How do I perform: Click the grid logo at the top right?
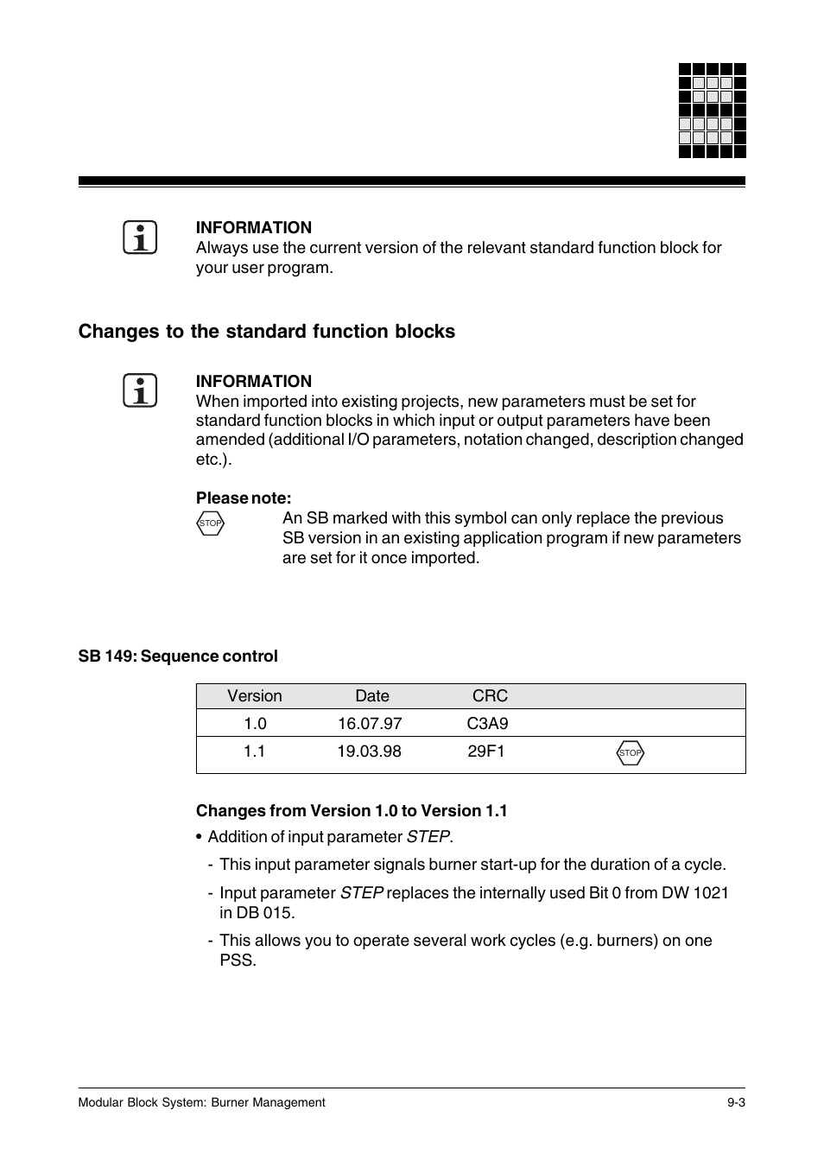click(x=712, y=111)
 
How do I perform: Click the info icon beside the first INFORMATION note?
click(x=140, y=238)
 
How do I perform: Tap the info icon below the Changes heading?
click(x=140, y=391)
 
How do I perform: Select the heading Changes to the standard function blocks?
click(x=266, y=332)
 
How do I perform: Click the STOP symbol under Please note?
click(x=210, y=523)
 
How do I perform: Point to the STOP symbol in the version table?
click(x=631, y=753)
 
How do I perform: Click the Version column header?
click(x=255, y=696)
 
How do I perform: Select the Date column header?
click(x=372, y=696)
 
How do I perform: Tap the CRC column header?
click(x=490, y=696)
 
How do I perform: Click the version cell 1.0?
click(x=255, y=724)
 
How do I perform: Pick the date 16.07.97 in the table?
click(x=370, y=724)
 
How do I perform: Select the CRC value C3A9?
click(x=487, y=724)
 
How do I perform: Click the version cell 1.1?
click(x=254, y=752)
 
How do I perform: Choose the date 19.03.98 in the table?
click(x=369, y=752)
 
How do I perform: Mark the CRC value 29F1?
click(x=486, y=752)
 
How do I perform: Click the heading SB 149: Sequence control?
click(x=178, y=656)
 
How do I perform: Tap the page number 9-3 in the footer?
click(x=736, y=1102)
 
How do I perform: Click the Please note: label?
click(x=244, y=498)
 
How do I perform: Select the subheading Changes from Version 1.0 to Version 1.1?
click(x=352, y=811)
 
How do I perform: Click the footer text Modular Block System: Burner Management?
click(x=201, y=1102)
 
